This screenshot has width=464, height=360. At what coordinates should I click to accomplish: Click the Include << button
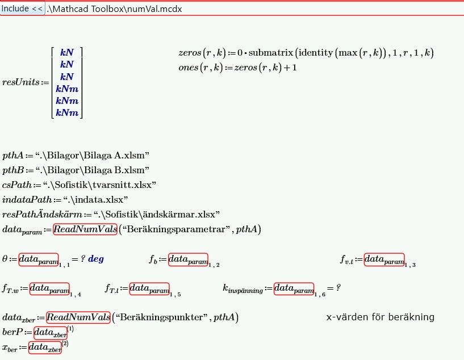pos(22,9)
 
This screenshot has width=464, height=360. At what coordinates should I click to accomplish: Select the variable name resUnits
pos(20,82)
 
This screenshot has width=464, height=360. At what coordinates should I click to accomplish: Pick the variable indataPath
pos(27,199)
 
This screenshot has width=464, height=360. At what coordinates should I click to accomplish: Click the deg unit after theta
pos(96,259)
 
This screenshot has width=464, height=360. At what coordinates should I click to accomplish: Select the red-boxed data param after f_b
pos(188,259)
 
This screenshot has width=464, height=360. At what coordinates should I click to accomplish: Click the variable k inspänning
pos(243,290)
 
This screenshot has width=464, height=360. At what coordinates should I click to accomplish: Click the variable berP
pos(12,332)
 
